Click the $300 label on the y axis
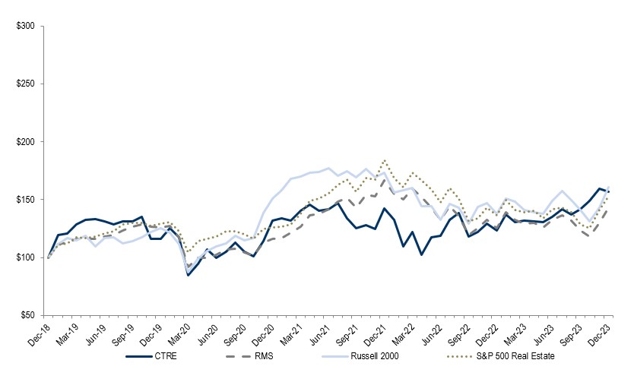pos(26,26)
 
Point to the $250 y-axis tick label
pos(26,84)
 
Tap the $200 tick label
pos(26,142)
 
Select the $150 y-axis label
pos(26,200)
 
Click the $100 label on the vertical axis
pos(26,257)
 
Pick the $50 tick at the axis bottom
pos(28,315)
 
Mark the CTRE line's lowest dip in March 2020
pos(188,275)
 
